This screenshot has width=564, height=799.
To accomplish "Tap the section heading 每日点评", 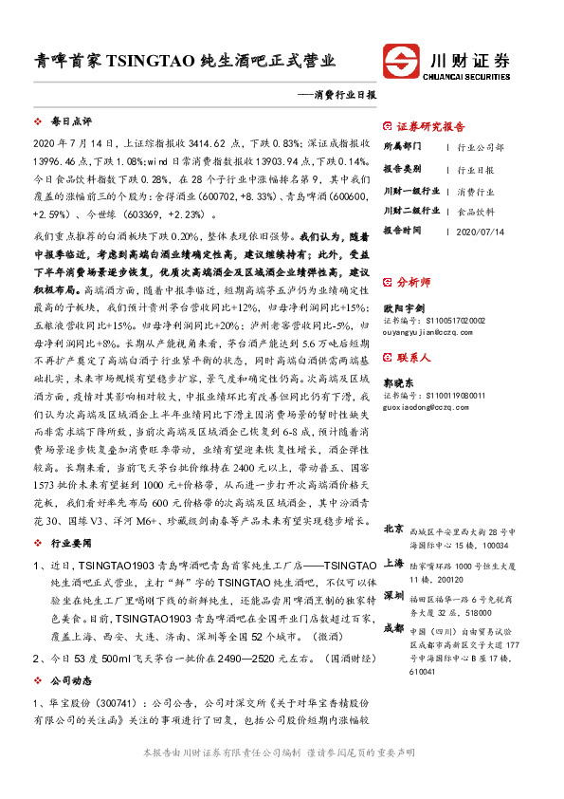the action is [70, 122].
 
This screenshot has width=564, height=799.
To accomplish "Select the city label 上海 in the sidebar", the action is [393, 563].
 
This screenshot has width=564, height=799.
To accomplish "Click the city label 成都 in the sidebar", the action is [393, 629].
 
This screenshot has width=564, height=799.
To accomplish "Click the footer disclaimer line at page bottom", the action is [282, 777].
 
